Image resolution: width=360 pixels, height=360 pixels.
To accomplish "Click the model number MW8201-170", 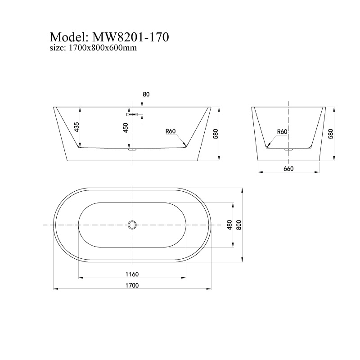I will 130,36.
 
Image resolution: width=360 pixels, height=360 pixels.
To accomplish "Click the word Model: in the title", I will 69,36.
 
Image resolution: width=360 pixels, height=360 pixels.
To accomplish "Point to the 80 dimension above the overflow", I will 145,94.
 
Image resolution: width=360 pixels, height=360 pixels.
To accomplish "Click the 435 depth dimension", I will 76,127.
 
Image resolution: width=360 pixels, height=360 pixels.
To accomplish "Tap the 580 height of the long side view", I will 216,134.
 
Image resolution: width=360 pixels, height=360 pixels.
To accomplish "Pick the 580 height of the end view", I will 331,134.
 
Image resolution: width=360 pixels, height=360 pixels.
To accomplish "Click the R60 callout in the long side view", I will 170,131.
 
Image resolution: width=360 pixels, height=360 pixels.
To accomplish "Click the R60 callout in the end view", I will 282,131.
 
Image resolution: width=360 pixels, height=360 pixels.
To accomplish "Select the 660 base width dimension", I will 288,169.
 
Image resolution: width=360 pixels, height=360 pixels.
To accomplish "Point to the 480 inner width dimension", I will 229,225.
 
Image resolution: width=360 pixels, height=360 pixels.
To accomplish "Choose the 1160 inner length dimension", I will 131,274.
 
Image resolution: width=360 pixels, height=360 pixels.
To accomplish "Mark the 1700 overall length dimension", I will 131,285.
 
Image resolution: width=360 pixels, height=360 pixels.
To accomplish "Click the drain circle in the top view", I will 132,225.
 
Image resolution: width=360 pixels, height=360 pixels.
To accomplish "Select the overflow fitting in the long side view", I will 131,115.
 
